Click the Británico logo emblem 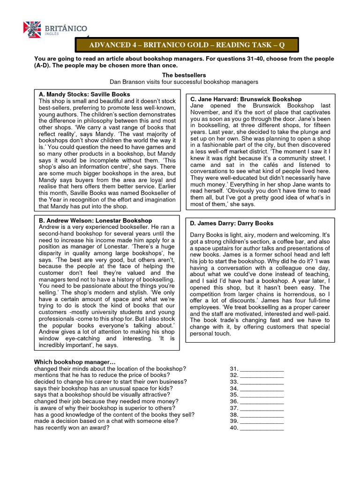click(32, 30)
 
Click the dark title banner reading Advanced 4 click(187, 45)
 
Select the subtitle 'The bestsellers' click(184, 75)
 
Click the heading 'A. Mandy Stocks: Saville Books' click(84, 95)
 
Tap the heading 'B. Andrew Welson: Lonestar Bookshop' click(95, 220)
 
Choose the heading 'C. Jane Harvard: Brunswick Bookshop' click(246, 99)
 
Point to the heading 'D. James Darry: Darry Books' click(232, 223)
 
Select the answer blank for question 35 click(261, 395)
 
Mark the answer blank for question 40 click(261, 427)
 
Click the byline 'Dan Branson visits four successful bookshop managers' click(184, 82)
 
